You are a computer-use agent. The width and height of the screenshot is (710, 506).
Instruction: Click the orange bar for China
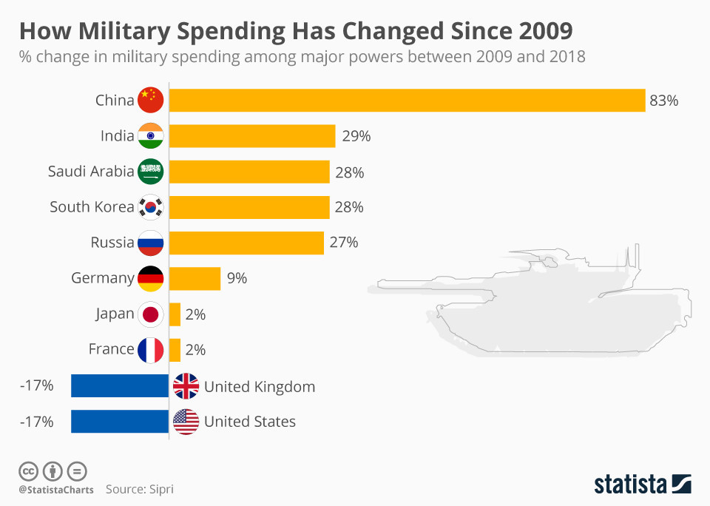pyautogui.click(x=407, y=101)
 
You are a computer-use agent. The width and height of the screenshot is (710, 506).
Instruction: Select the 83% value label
pyautogui.click(x=663, y=101)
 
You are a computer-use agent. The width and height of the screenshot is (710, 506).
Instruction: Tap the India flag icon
pyautogui.click(x=150, y=136)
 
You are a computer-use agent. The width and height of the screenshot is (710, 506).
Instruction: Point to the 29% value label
pyautogui.click(x=356, y=136)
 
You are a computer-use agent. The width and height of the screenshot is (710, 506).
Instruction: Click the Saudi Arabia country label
pyautogui.click(x=91, y=172)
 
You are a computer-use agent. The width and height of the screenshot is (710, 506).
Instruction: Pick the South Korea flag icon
pyautogui.click(x=150, y=207)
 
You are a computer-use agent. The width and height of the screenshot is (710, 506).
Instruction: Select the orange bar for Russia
pyautogui.click(x=246, y=243)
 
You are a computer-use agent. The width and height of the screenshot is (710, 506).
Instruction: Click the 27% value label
pyautogui.click(x=344, y=243)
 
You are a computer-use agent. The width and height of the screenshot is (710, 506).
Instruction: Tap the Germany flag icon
pyautogui.click(x=150, y=278)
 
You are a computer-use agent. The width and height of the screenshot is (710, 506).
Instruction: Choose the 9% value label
pyautogui.click(x=237, y=278)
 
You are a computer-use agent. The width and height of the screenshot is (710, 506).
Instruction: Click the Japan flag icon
pyautogui.click(x=150, y=314)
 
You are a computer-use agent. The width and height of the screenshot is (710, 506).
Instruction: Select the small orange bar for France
pyautogui.click(x=175, y=349)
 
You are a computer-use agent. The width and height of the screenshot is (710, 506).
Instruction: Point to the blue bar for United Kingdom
pyautogui.click(x=120, y=386)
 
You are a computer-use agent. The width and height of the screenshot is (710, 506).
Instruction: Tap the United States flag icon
pyautogui.click(x=186, y=422)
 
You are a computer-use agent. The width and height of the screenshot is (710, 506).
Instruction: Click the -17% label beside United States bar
pyautogui.click(x=37, y=422)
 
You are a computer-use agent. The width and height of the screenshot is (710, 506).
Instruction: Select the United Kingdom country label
pyautogui.click(x=260, y=386)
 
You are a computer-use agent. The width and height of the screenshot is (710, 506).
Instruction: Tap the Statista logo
pyautogui.click(x=642, y=485)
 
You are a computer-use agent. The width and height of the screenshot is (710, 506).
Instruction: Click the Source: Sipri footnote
pyautogui.click(x=140, y=489)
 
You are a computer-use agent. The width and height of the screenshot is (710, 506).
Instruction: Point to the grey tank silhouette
pyautogui.click(x=532, y=311)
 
